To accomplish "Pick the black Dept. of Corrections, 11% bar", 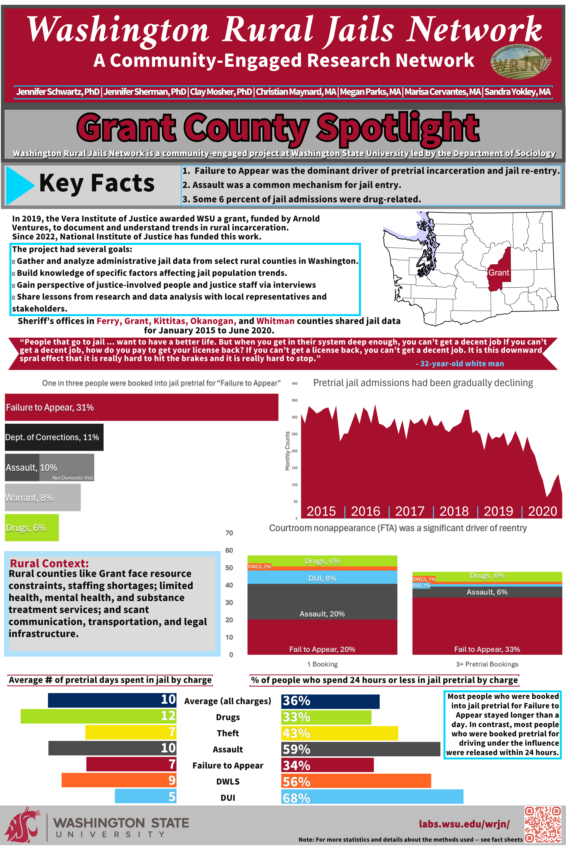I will click(x=54, y=437).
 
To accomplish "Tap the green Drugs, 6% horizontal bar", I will click(x=32, y=528).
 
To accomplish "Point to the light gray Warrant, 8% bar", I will click(x=43, y=498).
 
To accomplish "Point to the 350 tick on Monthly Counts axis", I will click(x=294, y=400).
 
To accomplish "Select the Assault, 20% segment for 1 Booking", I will click(x=322, y=602).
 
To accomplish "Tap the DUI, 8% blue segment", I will click(x=322, y=578).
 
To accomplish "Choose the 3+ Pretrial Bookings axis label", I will click(x=487, y=664).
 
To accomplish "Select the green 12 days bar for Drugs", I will click(x=98, y=716).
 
